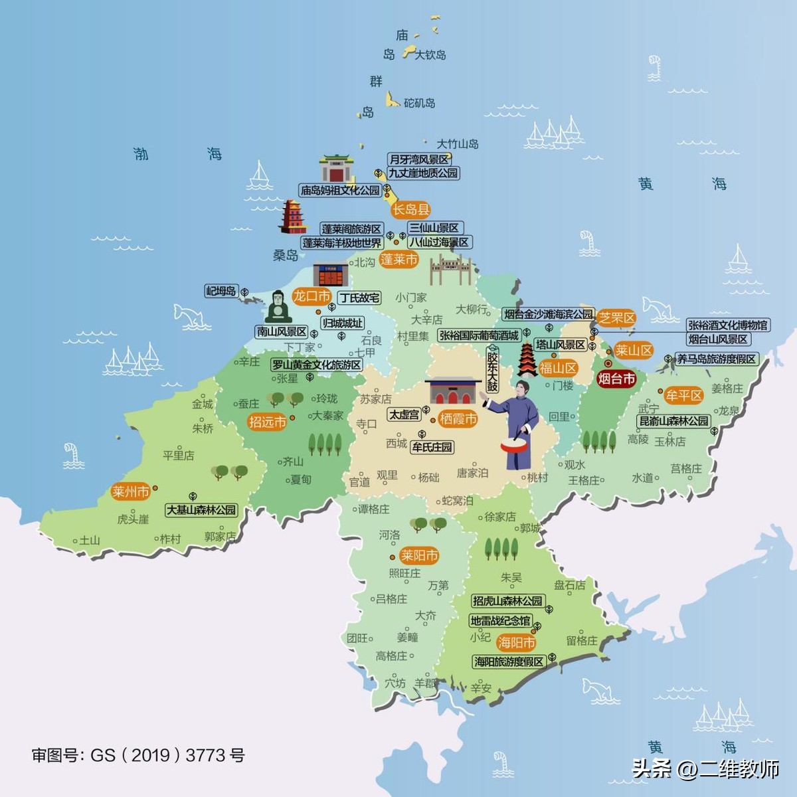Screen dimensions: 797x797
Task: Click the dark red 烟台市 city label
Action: click(x=616, y=379)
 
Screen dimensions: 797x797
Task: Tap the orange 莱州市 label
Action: click(x=130, y=491)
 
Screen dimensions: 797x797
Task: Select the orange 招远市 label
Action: click(x=267, y=422)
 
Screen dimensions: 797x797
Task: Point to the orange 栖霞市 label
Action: click(x=458, y=419)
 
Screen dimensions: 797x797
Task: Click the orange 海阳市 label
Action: click(x=516, y=642)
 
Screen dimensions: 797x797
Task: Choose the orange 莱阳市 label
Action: click(x=419, y=555)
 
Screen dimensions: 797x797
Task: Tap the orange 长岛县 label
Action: click(x=411, y=210)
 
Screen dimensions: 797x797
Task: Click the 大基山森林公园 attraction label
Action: click(x=201, y=510)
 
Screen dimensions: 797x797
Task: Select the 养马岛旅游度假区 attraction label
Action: click(x=716, y=359)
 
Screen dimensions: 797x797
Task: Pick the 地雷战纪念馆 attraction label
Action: click(x=500, y=621)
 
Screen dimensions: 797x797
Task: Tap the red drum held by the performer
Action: click(x=515, y=444)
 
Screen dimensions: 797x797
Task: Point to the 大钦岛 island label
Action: click(x=430, y=55)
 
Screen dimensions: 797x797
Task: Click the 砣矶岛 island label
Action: click(x=420, y=103)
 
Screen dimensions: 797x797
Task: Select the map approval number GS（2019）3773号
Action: click(x=138, y=755)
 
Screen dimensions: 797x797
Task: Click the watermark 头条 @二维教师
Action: click(x=705, y=768)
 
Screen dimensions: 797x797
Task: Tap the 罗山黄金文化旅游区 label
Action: click(x=317, y=365)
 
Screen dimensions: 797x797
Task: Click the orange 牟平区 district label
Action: click(x=684, y=396)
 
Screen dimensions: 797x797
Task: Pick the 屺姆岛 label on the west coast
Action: click(x=221, y=291)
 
